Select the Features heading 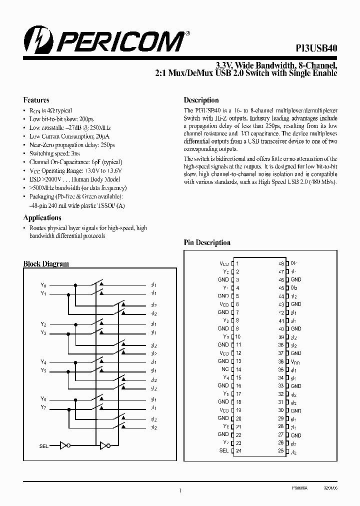tap(36, 100)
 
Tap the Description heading tap(201, 100)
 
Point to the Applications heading tap(42, 218)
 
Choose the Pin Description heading tap(207, 242)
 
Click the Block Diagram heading tap(46, 263)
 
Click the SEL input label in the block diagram tap(44, 445)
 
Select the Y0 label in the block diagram tap(43, 285)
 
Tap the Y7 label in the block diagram tap(43, 407)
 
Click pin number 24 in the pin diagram tap(238, 450)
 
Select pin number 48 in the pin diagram tap(281, 263)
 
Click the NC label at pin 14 tap(225, 369)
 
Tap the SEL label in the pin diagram tap(223, 450)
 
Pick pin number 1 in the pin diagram tap(237, 263)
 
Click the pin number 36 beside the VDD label tap(281, 361)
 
